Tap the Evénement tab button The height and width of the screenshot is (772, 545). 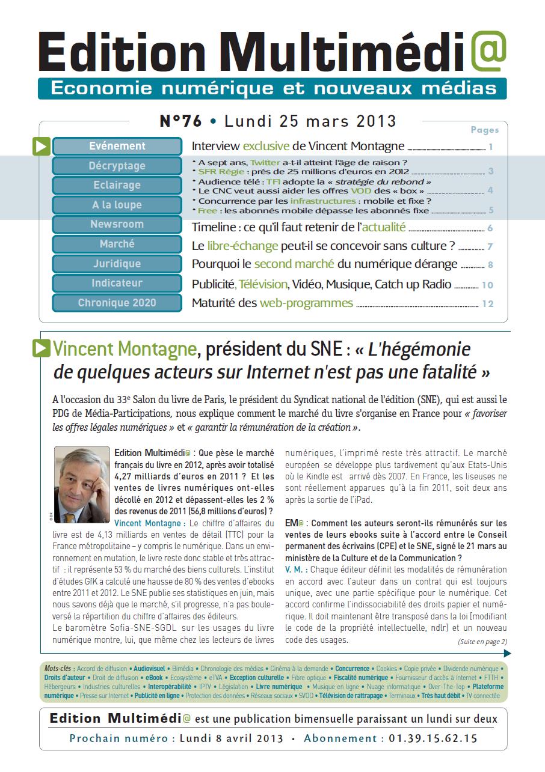point(117,146)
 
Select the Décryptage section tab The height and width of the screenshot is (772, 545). point(117,166)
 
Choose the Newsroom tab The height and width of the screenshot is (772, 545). point(117,225)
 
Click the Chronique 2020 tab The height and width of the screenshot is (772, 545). point(117,303)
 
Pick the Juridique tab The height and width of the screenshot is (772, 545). point(117,264)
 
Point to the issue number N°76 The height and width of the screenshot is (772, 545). point(180,121)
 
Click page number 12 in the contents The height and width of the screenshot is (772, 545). point(487,303)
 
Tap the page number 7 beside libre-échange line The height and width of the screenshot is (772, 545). point(490,246)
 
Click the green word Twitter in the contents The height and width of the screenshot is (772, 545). point(265,162)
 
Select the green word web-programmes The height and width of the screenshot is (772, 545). point(306,303)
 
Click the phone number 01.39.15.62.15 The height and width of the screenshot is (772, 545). point(433,738)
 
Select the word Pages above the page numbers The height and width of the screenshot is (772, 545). point(484,130)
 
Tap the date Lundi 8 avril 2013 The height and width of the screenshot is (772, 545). point(232,738)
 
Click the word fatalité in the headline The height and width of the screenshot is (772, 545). point(442,372)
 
